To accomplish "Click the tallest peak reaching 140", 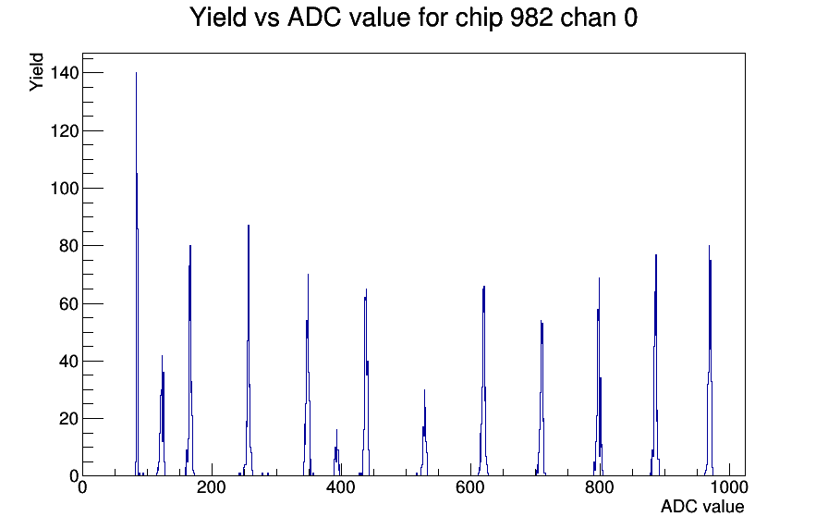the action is point(136,275).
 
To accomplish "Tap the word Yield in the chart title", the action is point(218,18).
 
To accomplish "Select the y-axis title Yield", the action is point(36,72).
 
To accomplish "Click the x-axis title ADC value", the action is point(702,506).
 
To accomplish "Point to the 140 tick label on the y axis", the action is point(65,73).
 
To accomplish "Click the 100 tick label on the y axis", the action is point(65,188).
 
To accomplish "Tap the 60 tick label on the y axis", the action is point(69,303).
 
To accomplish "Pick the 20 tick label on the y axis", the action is point(69,419).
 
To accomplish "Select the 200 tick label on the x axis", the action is point(212,486).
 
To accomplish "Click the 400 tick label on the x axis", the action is point(341,486).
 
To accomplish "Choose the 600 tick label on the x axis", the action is point(470,486).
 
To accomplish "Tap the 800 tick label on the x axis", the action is point(600,486).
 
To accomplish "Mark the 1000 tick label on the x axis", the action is point(729,486).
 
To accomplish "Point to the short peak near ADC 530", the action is point(424,434).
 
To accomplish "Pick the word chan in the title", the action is point(589,18).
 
